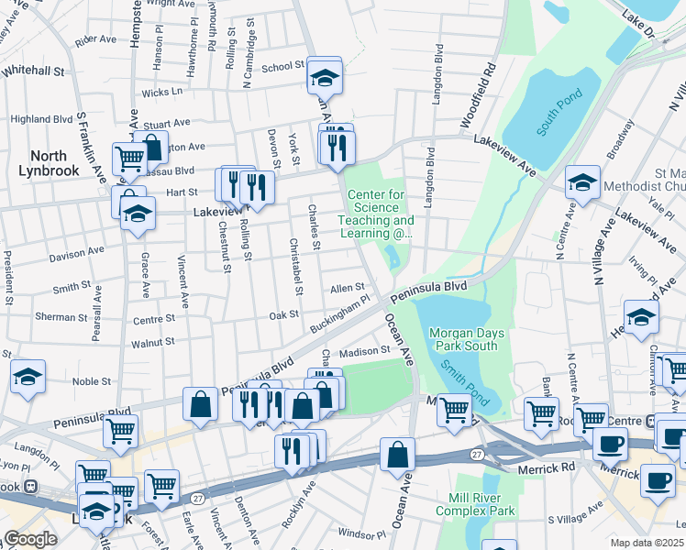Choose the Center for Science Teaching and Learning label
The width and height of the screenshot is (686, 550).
(376, 214)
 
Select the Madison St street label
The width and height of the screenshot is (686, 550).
(365, 350)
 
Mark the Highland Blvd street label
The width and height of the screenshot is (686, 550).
(41, 119)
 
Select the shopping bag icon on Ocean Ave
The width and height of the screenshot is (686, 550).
(397, 455)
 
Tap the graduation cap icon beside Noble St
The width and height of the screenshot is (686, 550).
(28, 377)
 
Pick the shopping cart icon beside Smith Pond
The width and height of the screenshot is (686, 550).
(453, 409)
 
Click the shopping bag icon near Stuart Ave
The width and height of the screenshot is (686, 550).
(150, 147)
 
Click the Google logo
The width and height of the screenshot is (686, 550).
(31, 539)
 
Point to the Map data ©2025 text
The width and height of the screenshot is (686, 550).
(647, 543)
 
